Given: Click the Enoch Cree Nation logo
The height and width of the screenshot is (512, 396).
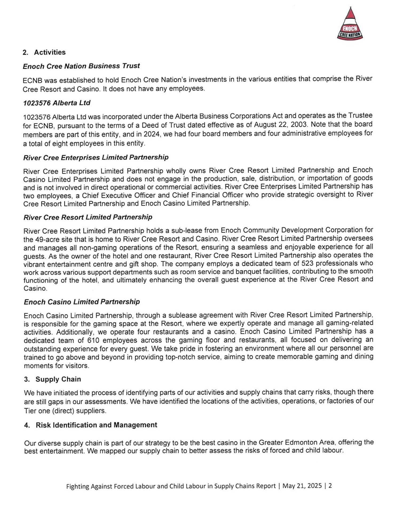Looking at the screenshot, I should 350,25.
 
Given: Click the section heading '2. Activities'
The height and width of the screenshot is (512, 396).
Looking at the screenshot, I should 44,52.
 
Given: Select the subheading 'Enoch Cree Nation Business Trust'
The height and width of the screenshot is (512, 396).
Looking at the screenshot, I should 81,66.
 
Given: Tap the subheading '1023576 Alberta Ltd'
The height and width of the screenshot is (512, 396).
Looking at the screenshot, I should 57,103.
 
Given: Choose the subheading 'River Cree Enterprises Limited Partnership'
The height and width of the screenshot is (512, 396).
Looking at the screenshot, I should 96,157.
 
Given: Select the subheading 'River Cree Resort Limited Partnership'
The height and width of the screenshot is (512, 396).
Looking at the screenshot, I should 88,217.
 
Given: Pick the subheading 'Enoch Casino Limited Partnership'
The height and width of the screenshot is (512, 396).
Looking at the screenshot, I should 82,302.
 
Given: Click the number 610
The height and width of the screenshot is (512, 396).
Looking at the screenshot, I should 93,341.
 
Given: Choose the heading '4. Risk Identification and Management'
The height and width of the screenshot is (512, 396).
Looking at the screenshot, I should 91,425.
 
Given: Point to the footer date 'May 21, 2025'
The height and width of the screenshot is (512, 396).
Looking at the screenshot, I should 302,486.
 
